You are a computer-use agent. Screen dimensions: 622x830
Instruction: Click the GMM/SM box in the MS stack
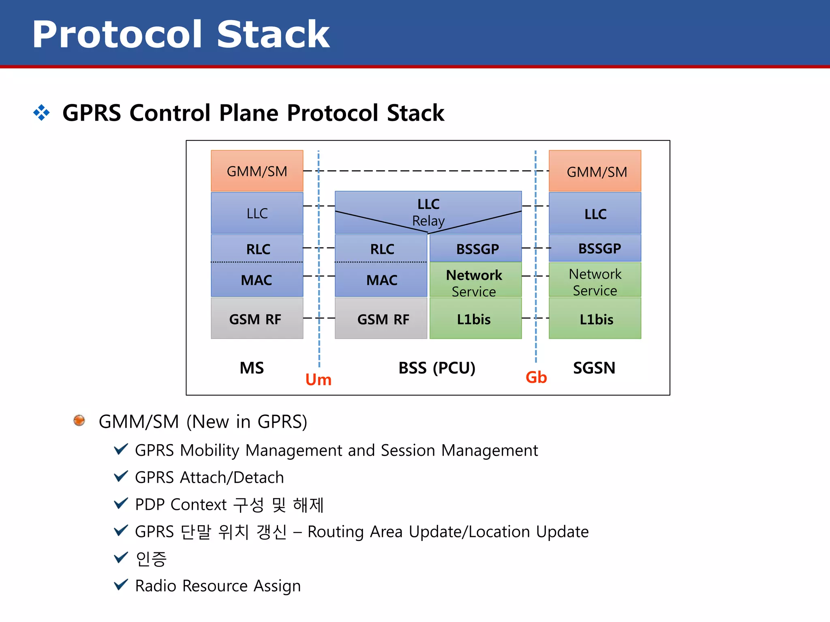[x=257, y=171]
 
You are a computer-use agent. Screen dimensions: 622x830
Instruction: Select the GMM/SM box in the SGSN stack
[x=595, y=171]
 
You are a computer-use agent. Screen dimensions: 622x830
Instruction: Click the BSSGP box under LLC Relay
[x=476, y=248]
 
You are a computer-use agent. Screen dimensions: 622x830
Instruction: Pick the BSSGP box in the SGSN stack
[x=595, y=248]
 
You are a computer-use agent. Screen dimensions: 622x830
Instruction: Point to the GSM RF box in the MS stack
[x=257, y=319]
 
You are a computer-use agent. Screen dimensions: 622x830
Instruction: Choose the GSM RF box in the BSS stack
[x=381, y=319]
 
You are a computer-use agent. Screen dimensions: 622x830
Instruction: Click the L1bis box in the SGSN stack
[x=595, y=319]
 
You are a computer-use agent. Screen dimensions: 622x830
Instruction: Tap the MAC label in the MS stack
[x=257, y=280]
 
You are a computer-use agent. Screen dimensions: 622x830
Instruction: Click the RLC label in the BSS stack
[x=382, y=249]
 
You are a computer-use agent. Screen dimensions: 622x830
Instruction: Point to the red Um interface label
[x=318, y=379]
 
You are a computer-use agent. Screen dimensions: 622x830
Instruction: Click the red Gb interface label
[x=536, y=377]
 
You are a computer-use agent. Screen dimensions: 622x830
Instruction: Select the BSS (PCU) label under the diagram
[x=437, y=368]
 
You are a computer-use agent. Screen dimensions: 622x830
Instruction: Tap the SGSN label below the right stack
[x=594, y=368]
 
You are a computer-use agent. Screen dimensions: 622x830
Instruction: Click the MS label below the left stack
[x=252, y=368]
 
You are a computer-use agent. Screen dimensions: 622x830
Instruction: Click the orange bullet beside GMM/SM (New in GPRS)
[x=79, y=420]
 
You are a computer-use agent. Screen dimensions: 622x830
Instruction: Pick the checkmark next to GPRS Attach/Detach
[x=121, y=476]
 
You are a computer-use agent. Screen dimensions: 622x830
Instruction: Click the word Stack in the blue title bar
[x=273, y=34]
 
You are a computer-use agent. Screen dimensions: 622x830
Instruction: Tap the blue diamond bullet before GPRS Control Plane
[x=41, y=112]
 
